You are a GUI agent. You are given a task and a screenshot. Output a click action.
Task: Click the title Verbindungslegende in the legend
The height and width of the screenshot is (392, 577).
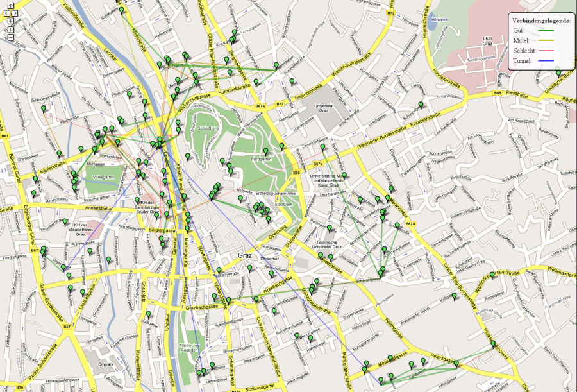pos(542,21)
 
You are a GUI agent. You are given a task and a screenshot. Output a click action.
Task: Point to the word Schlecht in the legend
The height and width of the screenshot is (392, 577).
pos(524,50)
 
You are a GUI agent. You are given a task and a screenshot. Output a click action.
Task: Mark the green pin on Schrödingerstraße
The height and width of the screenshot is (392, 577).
pos(44,109)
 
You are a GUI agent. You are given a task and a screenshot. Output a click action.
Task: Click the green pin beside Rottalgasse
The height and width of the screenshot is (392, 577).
pos(421,105)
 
